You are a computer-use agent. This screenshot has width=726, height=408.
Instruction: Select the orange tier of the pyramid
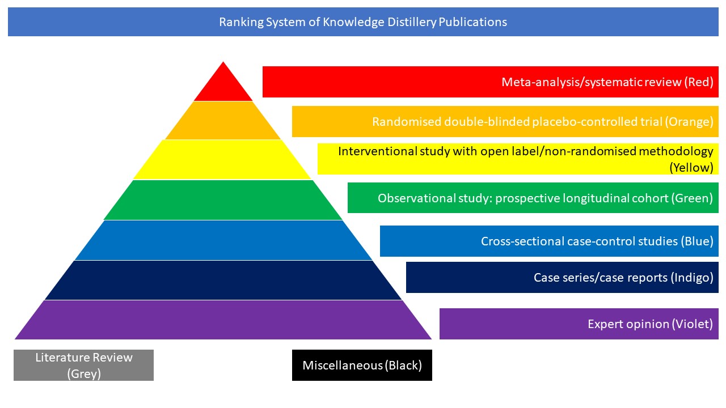pos(223,121)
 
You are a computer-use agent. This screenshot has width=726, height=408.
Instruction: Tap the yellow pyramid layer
pos(223,160)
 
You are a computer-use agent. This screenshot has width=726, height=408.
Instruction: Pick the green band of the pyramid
pos(223,200)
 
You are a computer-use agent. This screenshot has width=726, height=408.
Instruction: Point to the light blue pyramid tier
pos(223,240)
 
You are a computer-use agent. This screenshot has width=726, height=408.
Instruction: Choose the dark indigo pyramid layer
pos(223,280)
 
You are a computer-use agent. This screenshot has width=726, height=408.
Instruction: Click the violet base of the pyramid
pos(223,320)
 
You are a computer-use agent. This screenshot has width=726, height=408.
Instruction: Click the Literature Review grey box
pos(83,365)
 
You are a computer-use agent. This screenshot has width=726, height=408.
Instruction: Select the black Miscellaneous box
pos(362,365)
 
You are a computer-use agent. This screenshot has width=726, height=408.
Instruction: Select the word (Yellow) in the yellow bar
pos(691,167)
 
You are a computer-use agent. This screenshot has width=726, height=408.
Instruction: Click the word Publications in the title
pos(472,22)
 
